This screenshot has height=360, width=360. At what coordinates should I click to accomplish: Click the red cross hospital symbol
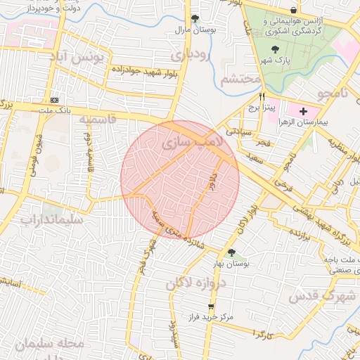(303, 112)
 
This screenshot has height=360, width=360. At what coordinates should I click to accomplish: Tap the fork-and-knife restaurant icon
(262, 98)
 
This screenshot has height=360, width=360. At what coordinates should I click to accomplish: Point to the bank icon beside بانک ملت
(55, 101)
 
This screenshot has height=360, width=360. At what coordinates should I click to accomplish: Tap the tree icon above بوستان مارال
(195, 19)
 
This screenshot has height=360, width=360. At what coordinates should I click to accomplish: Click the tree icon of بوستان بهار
(231, 252)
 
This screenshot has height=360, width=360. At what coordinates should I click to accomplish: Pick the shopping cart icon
(210, 307)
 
